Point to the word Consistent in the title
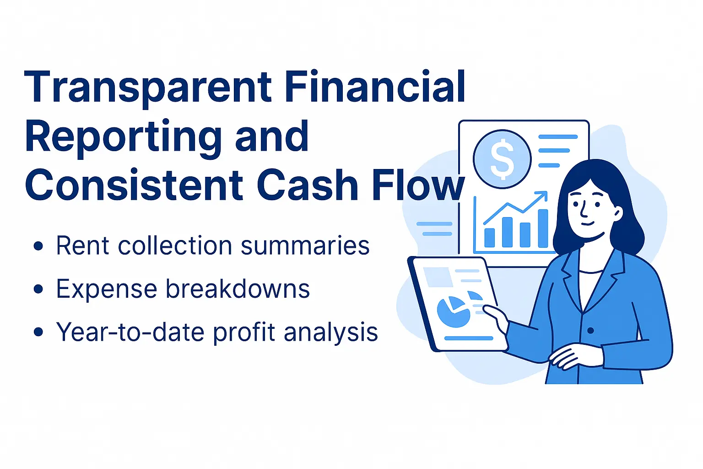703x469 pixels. pyautogui.click(x=134, y=185)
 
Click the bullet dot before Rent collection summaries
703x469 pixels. pyautogui.click(x=38, y=246)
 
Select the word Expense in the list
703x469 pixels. pyautogui.click(x=107, y=289)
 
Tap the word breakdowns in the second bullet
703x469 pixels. pyautogui.click(x=238, y=289)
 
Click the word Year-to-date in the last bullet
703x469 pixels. pyautogui.click(x=130, y=332)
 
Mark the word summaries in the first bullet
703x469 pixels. pyautogui.click(x=305, y=246)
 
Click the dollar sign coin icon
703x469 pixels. pyautogui.click(x=502, y=159)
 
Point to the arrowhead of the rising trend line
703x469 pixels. pyautogui.click(x=543, y=195)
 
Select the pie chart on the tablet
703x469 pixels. pyautogui.click(x=454, y=311)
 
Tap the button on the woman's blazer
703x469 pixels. pyautogui.click(x=590, y=330)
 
